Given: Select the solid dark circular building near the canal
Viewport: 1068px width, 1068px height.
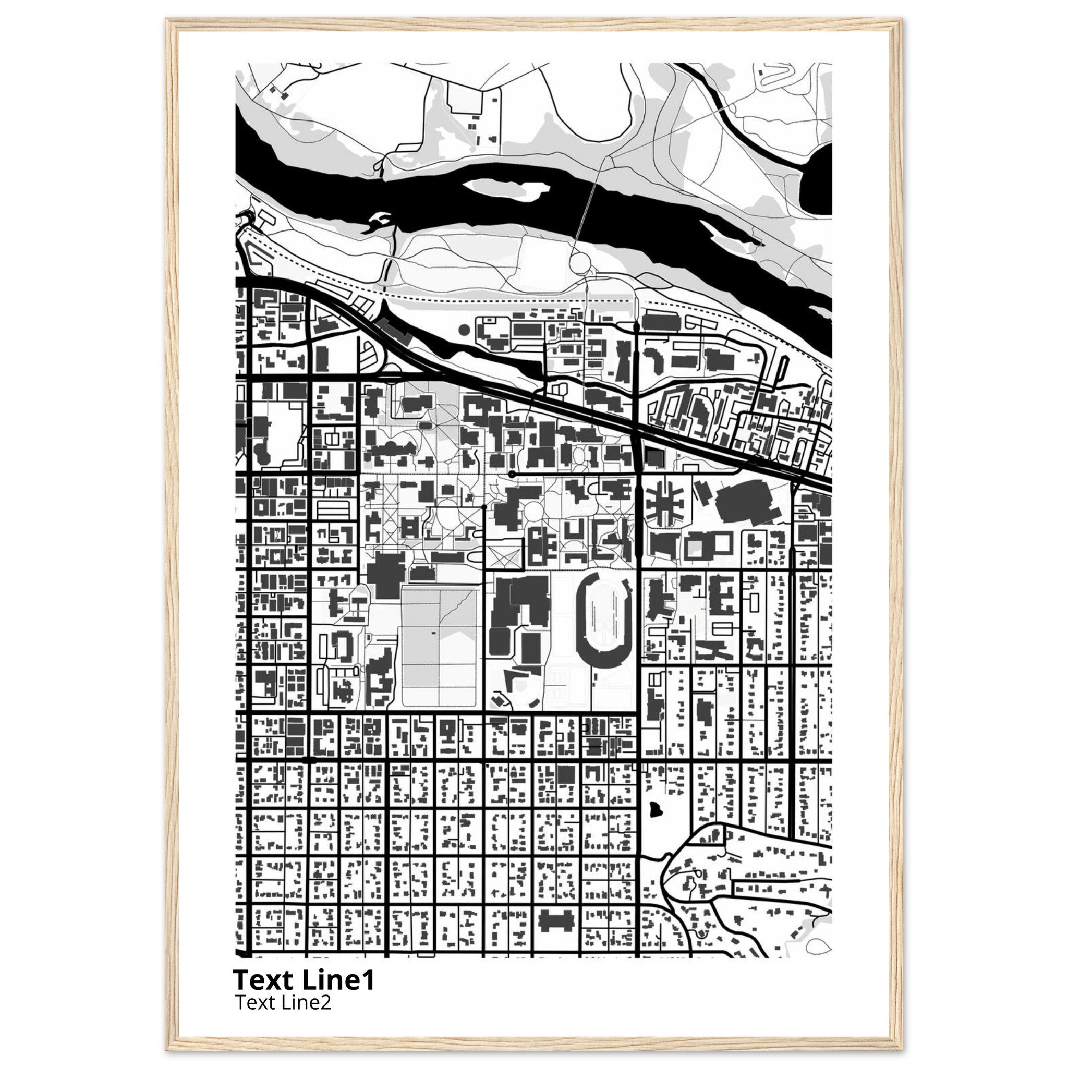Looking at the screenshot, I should coord(464,330).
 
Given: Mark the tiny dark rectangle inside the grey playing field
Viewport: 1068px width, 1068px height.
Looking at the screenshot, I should coord(432,632).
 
